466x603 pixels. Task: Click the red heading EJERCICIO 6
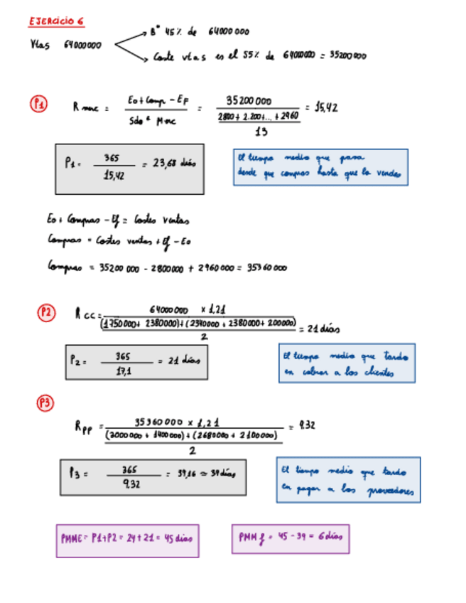(57, 21)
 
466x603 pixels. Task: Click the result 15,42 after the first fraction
(325, 107)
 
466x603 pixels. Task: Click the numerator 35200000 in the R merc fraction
(252, 100)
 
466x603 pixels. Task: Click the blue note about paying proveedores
(348, 481)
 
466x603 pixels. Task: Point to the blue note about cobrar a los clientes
(347, 363)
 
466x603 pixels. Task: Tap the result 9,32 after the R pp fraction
(307, 426)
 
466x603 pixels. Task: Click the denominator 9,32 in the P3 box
(129, 484)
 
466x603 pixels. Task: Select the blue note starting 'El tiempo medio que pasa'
(320, 167)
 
